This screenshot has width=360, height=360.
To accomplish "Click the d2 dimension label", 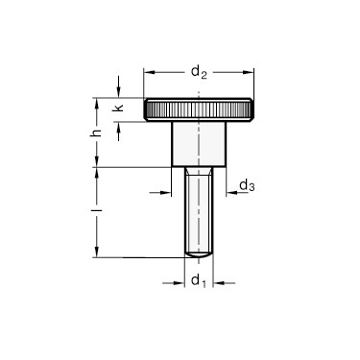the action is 199,72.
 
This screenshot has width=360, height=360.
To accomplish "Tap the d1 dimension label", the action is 199,280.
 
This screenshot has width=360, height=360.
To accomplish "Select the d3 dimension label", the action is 247,185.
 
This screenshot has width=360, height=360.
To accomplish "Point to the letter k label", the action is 118,108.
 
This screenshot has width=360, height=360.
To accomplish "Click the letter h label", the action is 95,132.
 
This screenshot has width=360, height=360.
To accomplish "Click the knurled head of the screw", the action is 199,109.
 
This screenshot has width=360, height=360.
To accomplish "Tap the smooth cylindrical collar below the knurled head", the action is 199,144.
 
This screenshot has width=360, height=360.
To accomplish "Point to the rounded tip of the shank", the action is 199,255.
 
